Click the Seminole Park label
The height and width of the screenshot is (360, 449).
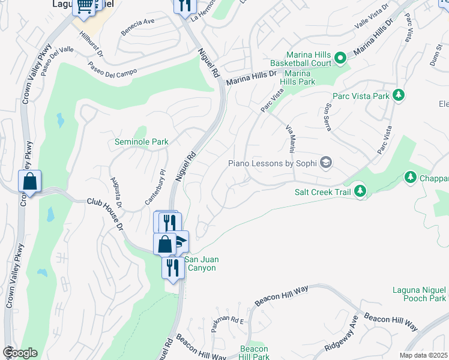[142, 142]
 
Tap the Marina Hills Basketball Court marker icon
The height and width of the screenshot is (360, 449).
[340, 58]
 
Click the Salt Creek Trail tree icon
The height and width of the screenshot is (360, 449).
[360, 191]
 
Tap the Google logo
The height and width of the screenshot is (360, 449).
[20, 353]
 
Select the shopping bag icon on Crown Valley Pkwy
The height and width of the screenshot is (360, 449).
[29, 182]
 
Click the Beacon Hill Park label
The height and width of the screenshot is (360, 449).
[254, 353]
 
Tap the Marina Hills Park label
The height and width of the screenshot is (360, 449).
[298, 77]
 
